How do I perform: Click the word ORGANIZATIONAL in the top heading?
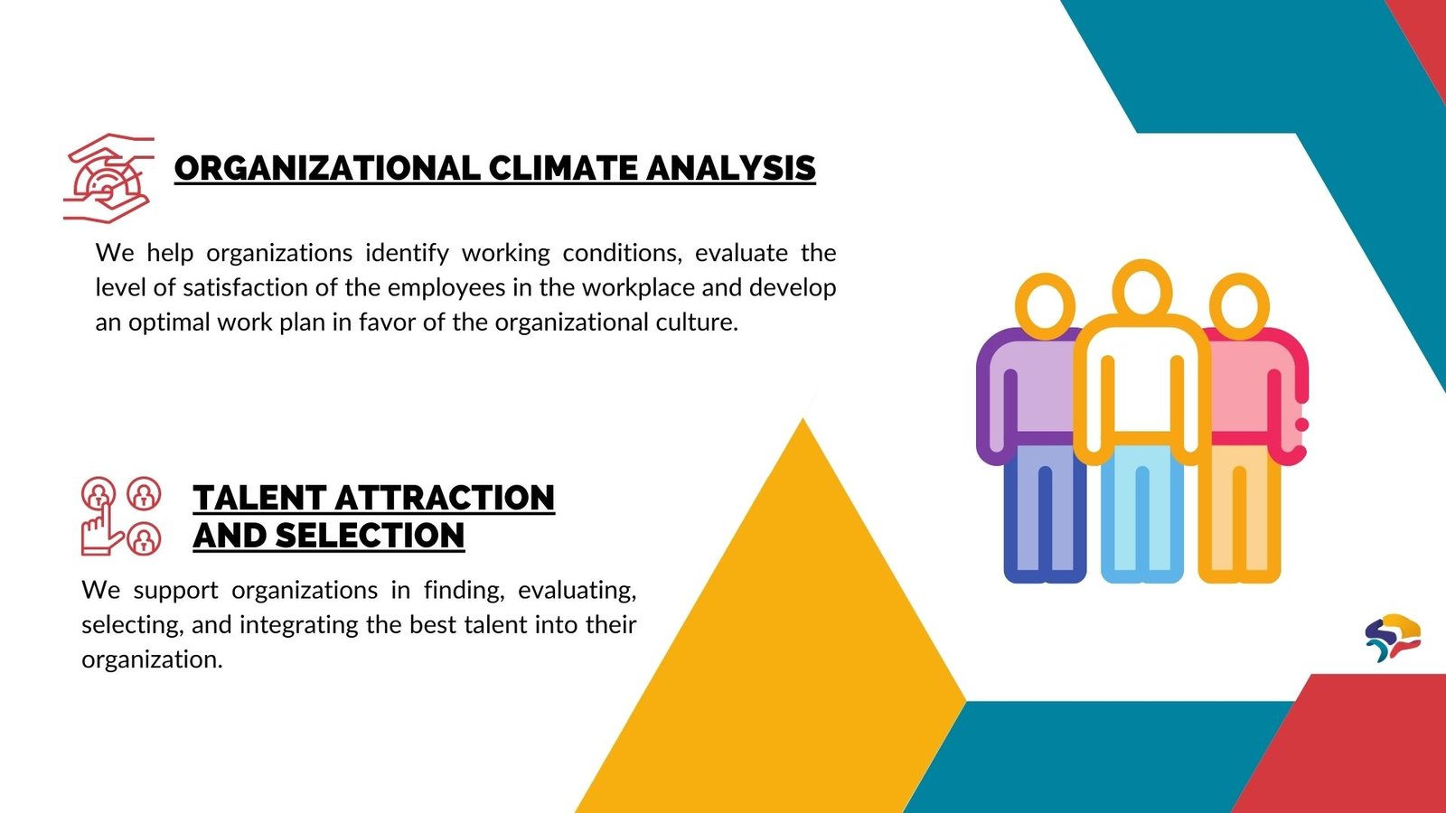(x=327, y=168)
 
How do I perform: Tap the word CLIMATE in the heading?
(x=563, y=168)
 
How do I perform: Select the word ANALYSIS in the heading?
(x=731, y=168)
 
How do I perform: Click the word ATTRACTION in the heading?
(x=445, y=498)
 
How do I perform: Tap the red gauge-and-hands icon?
(x=108, y=178)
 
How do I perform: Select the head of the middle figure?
(x=1142, y=290)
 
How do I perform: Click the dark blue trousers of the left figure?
(x=1045, y=513)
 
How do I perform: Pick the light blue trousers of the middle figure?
(x=1142, y=513)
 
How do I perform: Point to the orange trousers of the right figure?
(x=1239, y=513)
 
